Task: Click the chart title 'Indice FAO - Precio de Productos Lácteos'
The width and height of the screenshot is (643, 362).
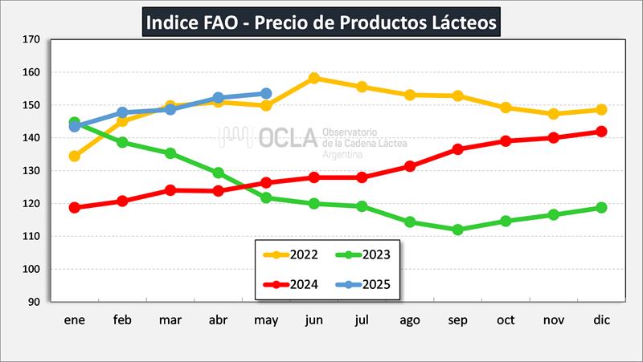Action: coord(321,21)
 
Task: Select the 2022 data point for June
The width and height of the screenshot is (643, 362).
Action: coord(314,78)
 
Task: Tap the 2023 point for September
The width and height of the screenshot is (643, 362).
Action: coord(457,230)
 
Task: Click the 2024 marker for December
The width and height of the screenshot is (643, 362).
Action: coord(601,132)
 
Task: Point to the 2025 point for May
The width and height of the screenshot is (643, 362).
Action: coord(266,94)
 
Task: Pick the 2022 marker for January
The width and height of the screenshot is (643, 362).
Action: coord(75,156)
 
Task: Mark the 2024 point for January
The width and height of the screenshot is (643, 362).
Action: coord(75,207)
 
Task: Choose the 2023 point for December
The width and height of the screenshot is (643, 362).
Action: coord(601,208)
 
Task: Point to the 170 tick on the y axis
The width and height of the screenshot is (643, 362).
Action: coord(31,39)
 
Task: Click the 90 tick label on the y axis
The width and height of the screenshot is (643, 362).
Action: coord(34,302)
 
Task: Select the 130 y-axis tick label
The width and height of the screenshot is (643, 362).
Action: coord(31,171)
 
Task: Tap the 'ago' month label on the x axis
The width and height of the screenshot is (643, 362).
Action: coord(410,320)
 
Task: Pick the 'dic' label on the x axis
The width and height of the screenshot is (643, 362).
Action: coord(601,320)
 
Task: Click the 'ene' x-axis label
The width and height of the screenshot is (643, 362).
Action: coord(75,320)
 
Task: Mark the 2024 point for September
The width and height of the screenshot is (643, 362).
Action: coord(457,149)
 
